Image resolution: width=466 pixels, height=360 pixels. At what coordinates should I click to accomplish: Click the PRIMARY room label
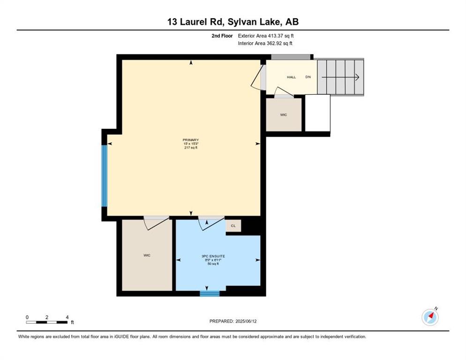pyautogui.click(x=191, y=140)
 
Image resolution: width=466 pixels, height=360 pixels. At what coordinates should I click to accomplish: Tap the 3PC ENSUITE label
pyautogui.click(x=213, y=256)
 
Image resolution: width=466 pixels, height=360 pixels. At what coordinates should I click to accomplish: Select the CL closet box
pyautogui.click(x=233, y=226)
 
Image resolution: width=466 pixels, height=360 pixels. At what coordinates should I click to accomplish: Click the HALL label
pyautogui.click(x=291, y=77)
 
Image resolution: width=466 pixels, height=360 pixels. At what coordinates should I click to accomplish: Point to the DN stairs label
pyautogui.click(x=308, y=77)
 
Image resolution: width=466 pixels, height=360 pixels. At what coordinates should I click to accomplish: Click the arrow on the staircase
pyautogui.click(x=340, y=77)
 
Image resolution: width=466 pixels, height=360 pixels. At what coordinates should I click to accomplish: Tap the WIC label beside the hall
pyautogui.click(x=284, y=115)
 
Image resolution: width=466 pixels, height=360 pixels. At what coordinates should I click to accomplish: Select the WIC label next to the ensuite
pyautogui.click(x=147, y=255)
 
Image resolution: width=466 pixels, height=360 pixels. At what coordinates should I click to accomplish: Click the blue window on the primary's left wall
pyautogui.click(x=105, y=176)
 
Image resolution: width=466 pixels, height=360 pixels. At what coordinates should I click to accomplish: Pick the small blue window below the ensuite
pyautogui.click(x=210, y=294)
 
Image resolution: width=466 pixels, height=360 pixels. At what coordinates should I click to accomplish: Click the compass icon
pyautogui.click(x=430, y=317)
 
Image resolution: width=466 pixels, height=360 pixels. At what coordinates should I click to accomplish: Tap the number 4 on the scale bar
pyautogui.click(x=68, y=317)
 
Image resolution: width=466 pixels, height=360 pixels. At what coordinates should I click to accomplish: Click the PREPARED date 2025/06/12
pyautogui.click(x=246, y=322)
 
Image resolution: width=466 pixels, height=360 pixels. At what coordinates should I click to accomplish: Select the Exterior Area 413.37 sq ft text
pyautogui.click(x=266, y=36)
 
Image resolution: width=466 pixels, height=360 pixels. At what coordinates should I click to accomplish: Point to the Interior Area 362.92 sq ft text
pyautogui.click(x=265, y=44)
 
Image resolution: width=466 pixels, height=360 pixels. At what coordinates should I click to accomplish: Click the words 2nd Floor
pyautogui.click(x=222, y=36)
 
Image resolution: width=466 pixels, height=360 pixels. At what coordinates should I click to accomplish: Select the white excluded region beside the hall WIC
pyautogui.click(x=318, y=113)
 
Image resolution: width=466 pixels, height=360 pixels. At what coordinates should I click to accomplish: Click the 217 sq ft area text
pyautogui.click(x=191, y=148)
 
